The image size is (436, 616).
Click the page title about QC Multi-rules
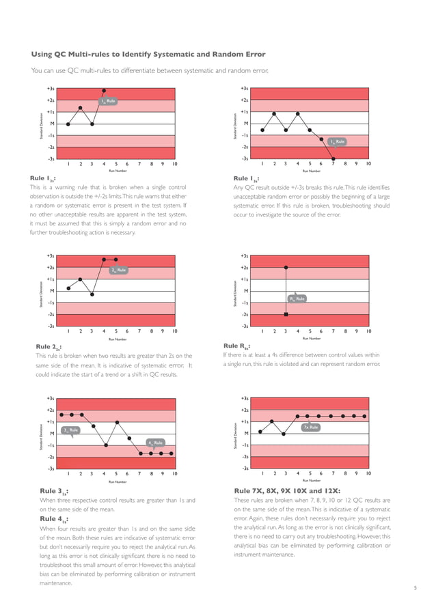[x=148, y=54]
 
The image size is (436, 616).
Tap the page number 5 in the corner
[x=415, y=587]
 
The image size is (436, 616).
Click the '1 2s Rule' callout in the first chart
[x=109, y=102]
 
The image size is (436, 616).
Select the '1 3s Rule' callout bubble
[x=337, y=141]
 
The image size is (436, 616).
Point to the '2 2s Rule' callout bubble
[x=119, y=270]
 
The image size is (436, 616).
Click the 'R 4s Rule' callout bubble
[x=297, y=298]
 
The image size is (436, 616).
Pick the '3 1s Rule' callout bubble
[x=70, y=430]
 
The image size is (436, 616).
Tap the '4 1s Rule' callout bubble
[x=156, y=443]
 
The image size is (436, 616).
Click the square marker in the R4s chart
[x=286, y=314]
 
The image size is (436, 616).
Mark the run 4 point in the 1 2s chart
[x=103, y=90]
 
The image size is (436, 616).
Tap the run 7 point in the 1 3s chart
[x=333, y=158]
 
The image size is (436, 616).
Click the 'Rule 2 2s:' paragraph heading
[x=51, y=347]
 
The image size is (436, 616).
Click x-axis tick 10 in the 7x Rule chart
[x=368, y=473]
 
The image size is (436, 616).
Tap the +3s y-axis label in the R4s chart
[x=244, y=256]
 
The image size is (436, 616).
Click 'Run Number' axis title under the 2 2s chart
[x=118, y=339]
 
